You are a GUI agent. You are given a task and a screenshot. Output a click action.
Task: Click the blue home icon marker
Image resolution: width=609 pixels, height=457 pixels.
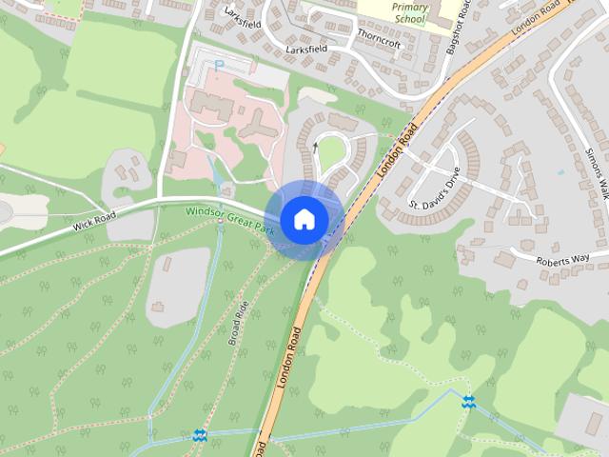304,219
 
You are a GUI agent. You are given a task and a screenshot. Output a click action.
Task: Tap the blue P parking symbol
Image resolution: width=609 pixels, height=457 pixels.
219,66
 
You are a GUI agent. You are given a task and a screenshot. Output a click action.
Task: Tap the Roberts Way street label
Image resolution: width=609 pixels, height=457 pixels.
563,258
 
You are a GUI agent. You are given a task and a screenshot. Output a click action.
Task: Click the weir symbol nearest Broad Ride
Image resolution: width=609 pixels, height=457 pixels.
200,435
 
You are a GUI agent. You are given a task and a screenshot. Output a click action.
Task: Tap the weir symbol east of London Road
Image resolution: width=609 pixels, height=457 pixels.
467,402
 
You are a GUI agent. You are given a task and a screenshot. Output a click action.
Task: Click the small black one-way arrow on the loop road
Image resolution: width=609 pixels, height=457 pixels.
316,147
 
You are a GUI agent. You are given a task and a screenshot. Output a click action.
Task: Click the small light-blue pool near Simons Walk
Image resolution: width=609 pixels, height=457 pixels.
560,172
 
